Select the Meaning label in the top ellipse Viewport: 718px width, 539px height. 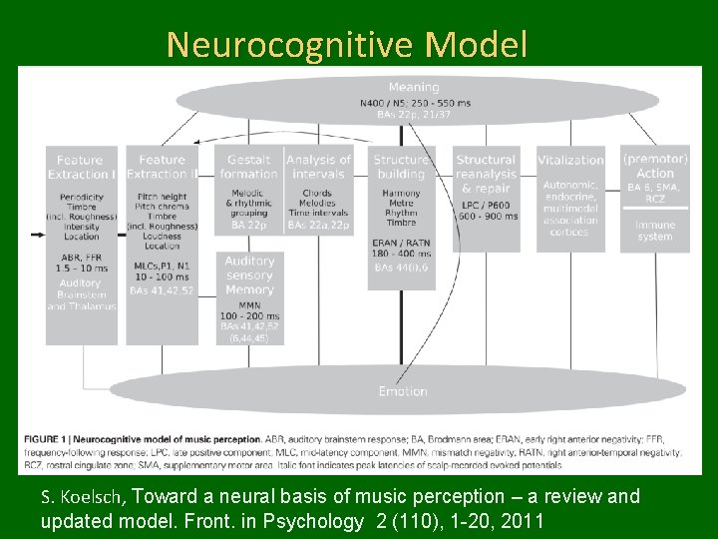tap(413, 87)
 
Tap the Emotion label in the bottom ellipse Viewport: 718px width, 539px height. tap(403, 391)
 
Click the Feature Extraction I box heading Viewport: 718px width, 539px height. tap(81, 167)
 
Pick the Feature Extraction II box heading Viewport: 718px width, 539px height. tap(163, 167)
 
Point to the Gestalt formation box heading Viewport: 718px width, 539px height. tap(249, 167)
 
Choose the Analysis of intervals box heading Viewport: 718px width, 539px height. tap(319, 167)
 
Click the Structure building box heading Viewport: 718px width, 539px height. tap(402, 167)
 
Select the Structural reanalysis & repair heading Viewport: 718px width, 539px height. tap(486, 174)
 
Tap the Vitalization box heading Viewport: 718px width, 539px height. tap(570, 160)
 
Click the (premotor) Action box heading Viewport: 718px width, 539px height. tap(655, 166)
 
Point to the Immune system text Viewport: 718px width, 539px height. tap(655, 231)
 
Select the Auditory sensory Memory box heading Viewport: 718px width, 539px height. tap(249, 274)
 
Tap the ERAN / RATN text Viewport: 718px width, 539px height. tap(402, 244)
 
